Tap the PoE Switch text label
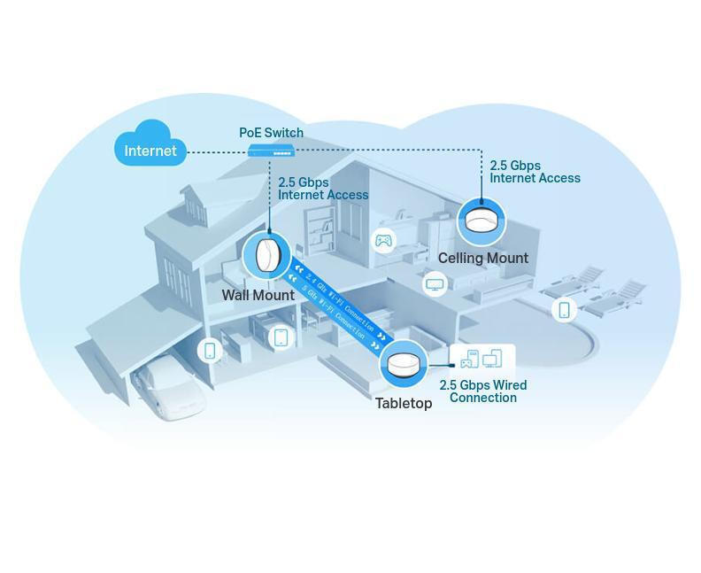point(271,133)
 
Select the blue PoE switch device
point(271,150)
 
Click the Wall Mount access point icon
point(266,256)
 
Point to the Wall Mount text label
point(258,295)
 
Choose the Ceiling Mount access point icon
point(481,221)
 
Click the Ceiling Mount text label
point(482,259)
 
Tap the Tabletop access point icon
point(403,364)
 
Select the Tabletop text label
point(404,403)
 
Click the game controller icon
point(383,240)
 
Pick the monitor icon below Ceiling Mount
point(435,284)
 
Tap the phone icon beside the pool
point(564,309)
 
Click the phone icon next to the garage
point(210,351)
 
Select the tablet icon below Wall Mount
point(281,337)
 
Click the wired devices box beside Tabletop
point(481,360)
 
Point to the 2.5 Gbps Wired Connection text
point(483,391)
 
